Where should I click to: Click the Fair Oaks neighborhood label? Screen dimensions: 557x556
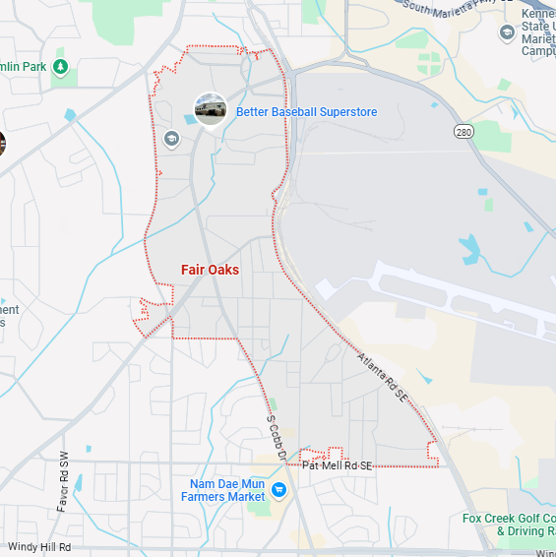click(x=210, y=270)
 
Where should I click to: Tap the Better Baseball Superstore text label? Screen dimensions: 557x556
click(x=306, y=112)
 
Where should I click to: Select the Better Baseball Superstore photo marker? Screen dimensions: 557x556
click(x=210, y=109)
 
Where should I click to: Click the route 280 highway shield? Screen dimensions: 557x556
click(x=464, y=131)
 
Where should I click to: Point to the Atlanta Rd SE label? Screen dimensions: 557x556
click(x=384, y=377)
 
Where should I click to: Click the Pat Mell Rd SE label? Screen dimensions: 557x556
click(x=337, y=465)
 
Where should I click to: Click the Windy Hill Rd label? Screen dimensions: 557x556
click(x=39, y=547)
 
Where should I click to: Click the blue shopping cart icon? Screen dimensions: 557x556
click(x=278, y=489)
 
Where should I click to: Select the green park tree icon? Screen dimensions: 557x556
click(x=60, y=67)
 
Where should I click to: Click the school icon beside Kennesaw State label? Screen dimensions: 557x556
click(x=507, y=32)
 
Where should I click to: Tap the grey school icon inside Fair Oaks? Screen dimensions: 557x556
click(x=173, y=139)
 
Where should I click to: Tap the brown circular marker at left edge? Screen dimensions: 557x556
click(x=2, y=144)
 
